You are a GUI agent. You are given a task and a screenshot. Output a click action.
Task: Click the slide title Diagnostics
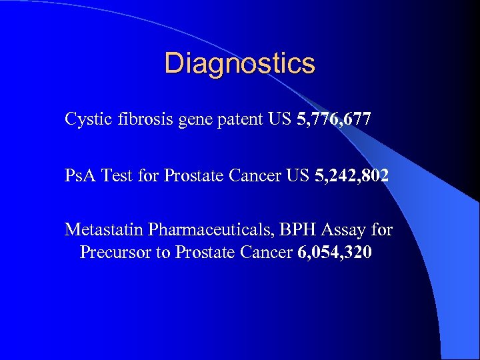click(239, 63)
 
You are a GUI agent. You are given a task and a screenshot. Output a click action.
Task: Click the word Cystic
click(86, 120)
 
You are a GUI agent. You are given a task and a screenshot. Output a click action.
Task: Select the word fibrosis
click(143, 119)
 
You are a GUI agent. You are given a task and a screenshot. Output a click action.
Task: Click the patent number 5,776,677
click(332, 120)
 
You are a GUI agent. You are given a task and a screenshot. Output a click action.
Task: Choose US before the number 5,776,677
click(279, 119)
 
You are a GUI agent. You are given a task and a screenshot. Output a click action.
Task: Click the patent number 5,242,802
click(351, 176)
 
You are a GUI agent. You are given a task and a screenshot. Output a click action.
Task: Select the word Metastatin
click(104, 231)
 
